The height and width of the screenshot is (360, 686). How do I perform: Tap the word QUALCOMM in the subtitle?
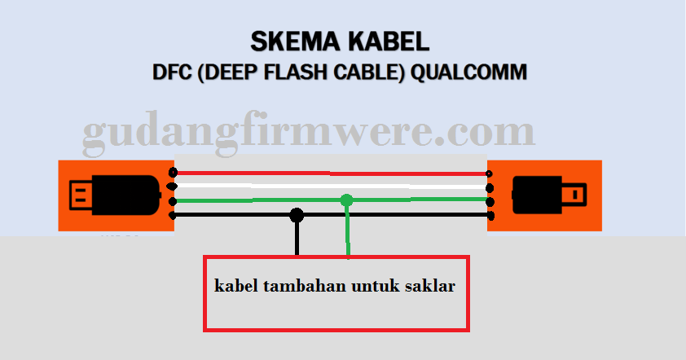(x=468, y=72)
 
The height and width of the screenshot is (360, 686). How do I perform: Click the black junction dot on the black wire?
(x=297, y=215)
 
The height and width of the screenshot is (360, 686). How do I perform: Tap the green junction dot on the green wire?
(x=347, y=200)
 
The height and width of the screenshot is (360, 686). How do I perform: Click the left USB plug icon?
(x=114, y=195)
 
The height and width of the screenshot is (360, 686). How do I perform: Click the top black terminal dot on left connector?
(x=172, y=173)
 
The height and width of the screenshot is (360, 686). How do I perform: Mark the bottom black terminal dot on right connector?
(x=490, y=215)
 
